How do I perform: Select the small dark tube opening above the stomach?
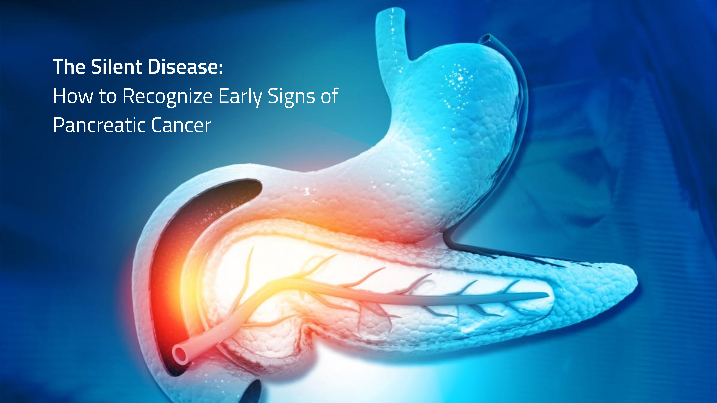[x=487, y=38]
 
